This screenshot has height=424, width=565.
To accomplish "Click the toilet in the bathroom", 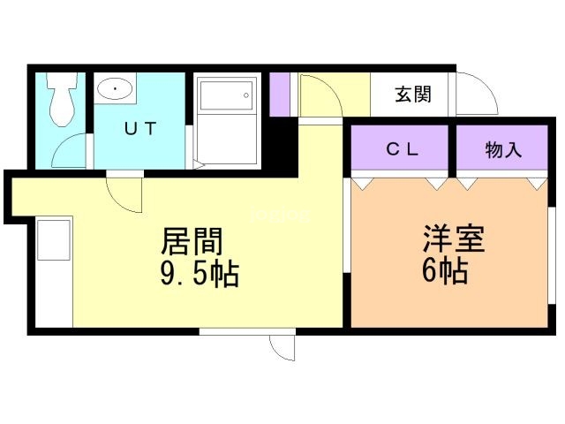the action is (62, 98).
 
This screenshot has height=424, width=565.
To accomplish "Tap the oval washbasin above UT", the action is (115, 88).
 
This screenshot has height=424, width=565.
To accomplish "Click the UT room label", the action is (140, 128).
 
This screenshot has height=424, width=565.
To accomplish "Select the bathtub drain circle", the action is (246, 95).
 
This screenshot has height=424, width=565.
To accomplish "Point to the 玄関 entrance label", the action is (413, 95).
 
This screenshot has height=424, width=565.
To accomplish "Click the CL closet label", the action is (403, 149).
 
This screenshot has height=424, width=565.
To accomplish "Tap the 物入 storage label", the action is (503, 149).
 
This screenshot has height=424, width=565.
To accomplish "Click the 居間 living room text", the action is (192, 241).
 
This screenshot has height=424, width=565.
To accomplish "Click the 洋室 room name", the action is (454, 238).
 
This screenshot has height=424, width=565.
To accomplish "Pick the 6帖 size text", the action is (445, 270).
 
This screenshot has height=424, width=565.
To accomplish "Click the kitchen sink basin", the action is (54, 239).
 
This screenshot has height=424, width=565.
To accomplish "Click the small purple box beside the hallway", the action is (280, 95).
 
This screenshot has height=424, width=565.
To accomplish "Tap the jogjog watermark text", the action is (280, 215).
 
